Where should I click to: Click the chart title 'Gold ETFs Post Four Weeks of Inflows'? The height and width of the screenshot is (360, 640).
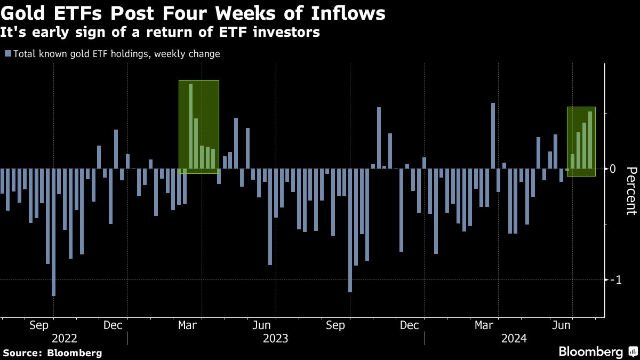193,13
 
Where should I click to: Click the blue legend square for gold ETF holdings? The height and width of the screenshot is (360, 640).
7,54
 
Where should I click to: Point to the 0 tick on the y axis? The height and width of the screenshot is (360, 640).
613,169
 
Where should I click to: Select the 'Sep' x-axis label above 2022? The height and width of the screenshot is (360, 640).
39,325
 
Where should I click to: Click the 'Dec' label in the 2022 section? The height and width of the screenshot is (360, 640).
113,325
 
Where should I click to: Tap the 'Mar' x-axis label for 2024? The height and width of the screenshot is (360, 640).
483,325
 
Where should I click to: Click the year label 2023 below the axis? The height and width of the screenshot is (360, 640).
275,338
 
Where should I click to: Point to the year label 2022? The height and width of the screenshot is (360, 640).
65,338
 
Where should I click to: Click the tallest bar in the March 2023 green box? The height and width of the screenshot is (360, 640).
190,126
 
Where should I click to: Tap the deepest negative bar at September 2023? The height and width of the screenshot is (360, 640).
350,230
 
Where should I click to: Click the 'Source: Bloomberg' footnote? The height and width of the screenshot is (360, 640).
52,353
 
